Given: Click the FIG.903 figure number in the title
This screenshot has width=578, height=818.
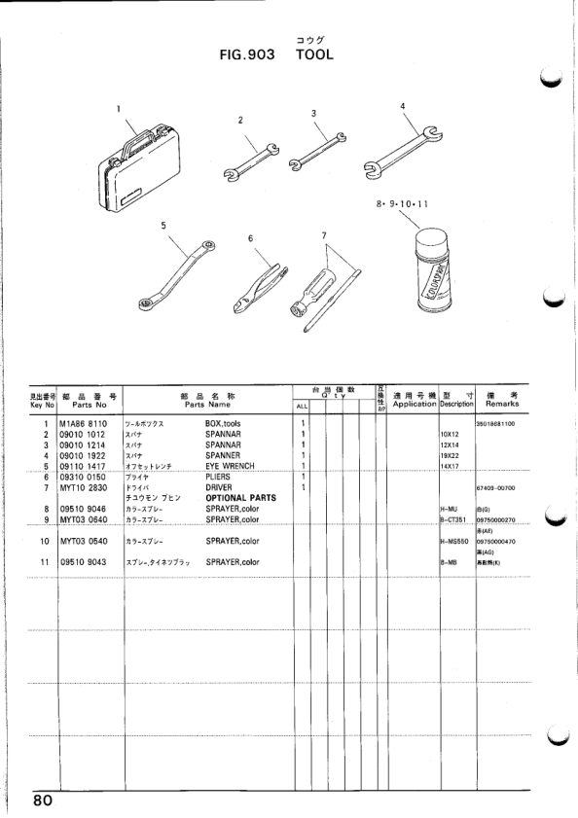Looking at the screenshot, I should click(x=249, y=55).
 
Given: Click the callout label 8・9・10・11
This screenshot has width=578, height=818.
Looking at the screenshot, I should click(x=402, y=205).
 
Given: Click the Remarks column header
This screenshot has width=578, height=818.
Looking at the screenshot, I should click(x=501, y=399).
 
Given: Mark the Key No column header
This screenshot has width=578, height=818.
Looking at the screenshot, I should click(x=42, y=399).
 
